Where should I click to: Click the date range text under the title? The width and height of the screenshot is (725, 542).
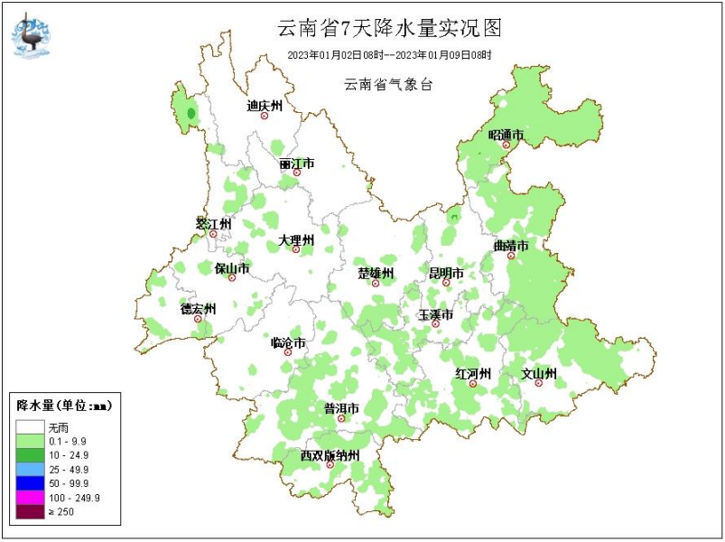click(389, 55)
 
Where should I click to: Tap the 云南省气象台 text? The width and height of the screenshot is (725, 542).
click(388, 84)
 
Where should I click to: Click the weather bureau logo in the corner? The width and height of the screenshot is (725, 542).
click(32, 34)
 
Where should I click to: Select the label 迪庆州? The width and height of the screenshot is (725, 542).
click(265, 106)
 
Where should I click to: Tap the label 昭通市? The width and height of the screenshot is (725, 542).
click(506, 135)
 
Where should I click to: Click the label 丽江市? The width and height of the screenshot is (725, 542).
click(296, 164)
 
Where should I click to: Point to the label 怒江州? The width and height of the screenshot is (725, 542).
click(214, 223)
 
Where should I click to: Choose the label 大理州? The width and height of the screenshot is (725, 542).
click(295, 240)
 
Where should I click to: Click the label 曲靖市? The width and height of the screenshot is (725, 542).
click(510, 246)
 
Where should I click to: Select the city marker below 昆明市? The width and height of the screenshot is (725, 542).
click(445, 283)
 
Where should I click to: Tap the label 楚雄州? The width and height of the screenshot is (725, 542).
click(375, 273)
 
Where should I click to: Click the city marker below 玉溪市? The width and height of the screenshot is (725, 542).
click(435, 323)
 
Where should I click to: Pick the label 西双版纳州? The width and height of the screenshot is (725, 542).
click(330, 455)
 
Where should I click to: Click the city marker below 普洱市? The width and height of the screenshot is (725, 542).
click(341, 418)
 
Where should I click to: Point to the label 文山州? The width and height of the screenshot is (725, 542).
click(538, 373)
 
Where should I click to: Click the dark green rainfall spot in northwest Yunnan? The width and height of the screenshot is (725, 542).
click(191, 114)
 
